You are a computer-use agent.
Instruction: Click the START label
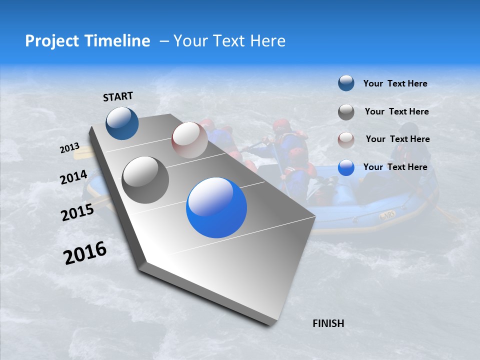tap(118, 96)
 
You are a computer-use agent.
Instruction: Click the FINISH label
tap(328, 323)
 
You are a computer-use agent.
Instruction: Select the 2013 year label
tap(70, 148)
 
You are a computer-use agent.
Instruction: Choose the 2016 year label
tap(85, 253)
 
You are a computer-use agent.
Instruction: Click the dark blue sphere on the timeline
tap(122, 123)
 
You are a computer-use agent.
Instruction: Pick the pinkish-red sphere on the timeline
tap(189, 140)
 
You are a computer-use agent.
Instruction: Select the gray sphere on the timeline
tap(145, 180)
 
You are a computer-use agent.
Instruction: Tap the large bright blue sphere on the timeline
tap(216, 207)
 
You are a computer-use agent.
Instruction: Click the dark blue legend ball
tap(346, 83)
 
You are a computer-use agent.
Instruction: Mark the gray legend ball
tap(346, 111)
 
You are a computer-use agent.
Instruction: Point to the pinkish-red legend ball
tap(346, 139)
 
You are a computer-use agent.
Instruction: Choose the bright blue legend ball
tap(346, 167)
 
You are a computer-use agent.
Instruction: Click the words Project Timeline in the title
tap(87, 41)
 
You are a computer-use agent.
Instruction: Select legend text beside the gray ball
tap(396, 111)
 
